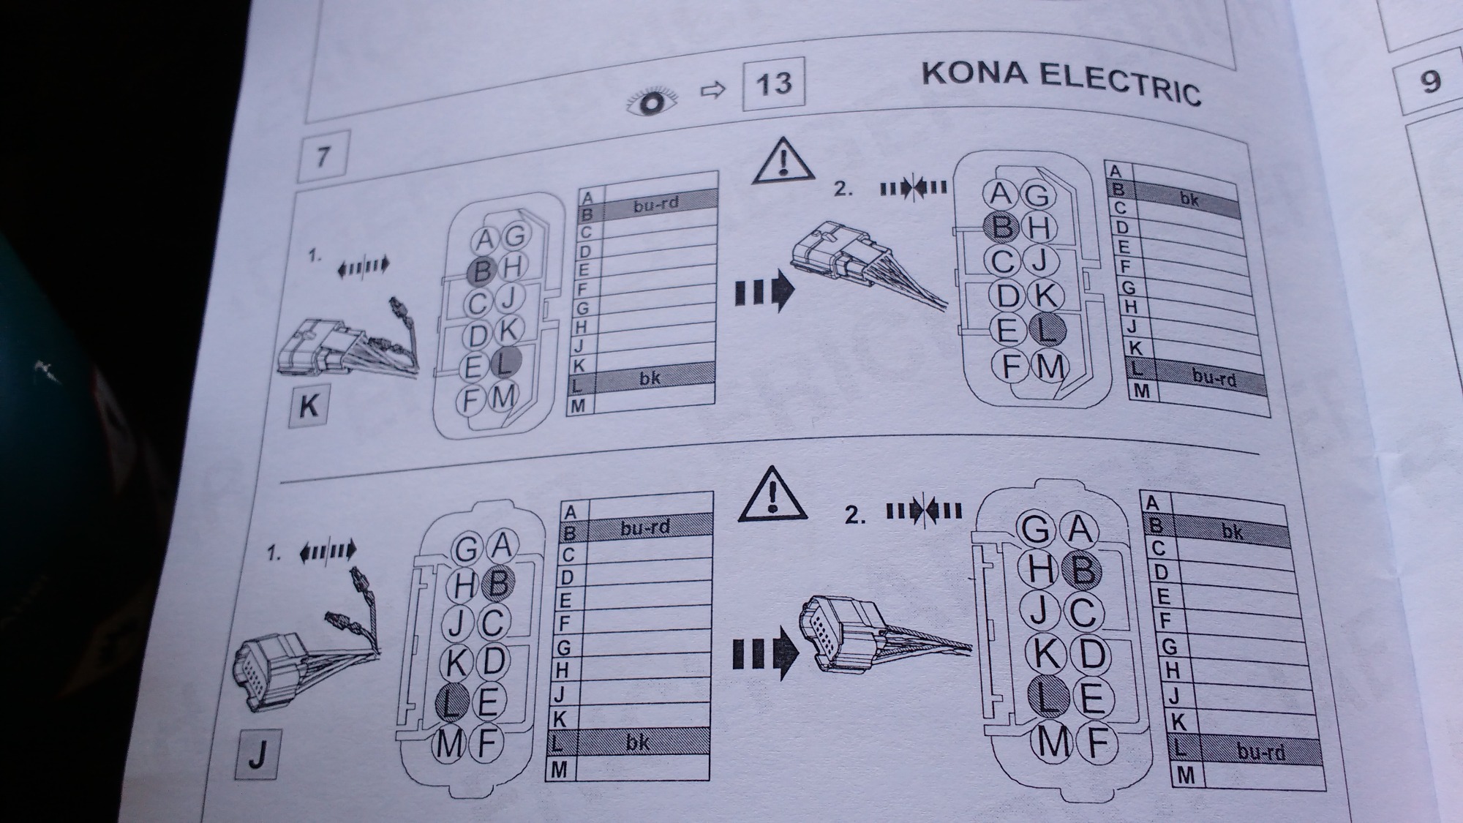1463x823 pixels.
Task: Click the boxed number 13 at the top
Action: click(773, 83)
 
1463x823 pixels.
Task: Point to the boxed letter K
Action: click(308, 405)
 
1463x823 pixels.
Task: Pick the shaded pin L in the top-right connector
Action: click(1047, 331)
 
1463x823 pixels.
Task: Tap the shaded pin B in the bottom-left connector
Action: click(499, 583)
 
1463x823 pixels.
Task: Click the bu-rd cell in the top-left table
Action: click(656, 204)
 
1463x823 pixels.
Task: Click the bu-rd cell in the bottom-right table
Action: click(1261, 751)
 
